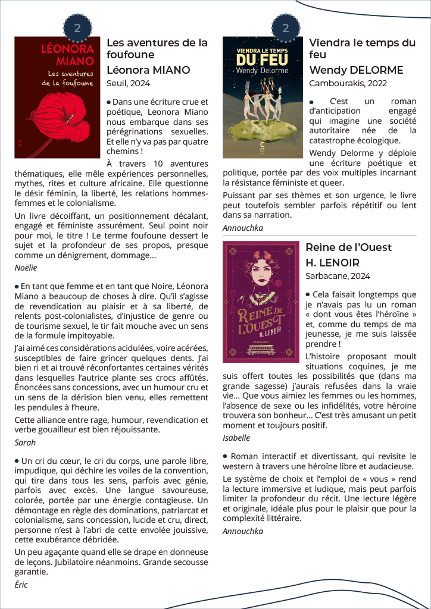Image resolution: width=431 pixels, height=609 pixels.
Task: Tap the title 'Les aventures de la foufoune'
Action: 157,49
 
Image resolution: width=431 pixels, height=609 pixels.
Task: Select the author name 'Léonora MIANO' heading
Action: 148,70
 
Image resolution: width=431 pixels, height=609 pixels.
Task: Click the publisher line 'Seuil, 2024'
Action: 128,83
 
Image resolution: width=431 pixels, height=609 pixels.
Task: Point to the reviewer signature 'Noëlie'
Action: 26,268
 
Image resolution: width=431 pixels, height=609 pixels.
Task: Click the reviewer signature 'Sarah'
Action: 25,442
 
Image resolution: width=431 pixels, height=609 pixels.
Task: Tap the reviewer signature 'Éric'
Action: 21,585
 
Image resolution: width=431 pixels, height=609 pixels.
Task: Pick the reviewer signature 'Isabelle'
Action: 236,438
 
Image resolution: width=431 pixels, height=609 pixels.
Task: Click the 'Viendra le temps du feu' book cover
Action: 263,98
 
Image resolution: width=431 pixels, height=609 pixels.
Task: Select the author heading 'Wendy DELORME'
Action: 356,70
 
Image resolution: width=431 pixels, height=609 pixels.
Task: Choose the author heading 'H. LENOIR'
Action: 334,263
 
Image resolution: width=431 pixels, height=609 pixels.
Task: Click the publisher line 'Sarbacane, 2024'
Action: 338,276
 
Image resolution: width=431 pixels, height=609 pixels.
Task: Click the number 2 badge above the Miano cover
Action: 77,27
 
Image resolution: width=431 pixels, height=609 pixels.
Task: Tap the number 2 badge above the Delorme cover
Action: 286,27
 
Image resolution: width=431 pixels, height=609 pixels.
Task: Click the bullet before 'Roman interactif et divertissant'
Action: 226,456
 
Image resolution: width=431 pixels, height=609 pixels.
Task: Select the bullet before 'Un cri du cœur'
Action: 17,460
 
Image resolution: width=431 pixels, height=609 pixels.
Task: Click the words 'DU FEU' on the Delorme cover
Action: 262,60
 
